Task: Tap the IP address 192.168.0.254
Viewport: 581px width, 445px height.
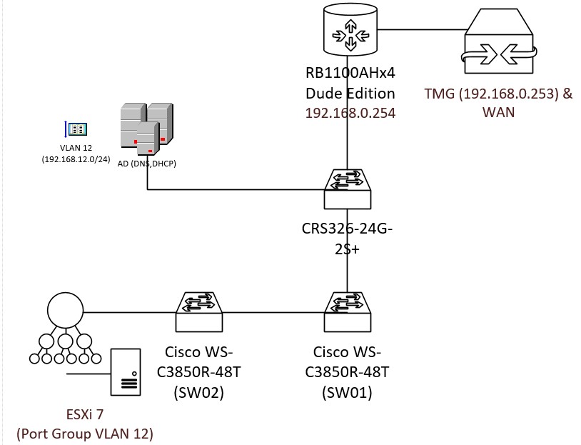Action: point(350,112)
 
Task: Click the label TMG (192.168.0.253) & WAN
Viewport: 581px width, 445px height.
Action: point(498,103)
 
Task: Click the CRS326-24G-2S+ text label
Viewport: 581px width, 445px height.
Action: point(346,239)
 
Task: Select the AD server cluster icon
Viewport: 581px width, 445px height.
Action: point(147,127)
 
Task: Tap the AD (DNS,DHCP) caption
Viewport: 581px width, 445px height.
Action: point(146,164)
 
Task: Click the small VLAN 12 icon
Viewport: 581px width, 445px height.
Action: point(76,129)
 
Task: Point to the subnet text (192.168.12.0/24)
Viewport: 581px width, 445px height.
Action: point(76,159)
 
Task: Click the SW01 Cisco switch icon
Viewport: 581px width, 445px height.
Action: point(347,311)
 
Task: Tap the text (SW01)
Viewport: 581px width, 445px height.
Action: point(347,392)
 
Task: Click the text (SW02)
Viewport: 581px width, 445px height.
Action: point(199,392)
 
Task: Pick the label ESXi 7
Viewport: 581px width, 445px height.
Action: point(85,414)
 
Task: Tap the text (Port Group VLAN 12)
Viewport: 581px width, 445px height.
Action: point(85,433)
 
